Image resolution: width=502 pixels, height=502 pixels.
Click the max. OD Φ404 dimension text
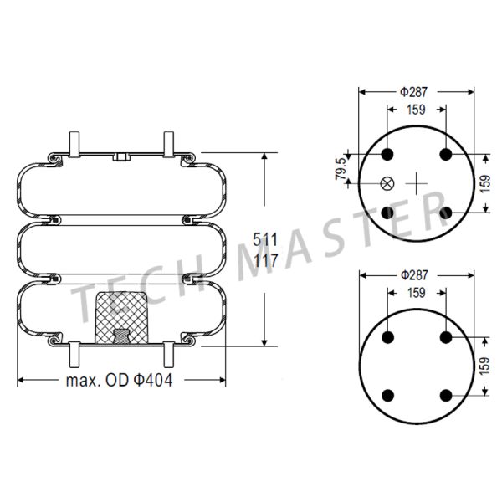[121, 380]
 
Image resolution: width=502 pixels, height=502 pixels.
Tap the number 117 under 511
[265, 261]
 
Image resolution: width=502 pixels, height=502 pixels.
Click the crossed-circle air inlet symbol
[387, 183]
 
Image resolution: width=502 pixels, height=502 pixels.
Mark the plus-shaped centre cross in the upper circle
[417, 183]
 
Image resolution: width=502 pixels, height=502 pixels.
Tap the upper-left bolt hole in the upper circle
[388, 155]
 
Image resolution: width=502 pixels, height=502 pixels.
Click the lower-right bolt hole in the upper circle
[445, 212]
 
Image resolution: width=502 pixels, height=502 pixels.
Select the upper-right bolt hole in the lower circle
[445, 337]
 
